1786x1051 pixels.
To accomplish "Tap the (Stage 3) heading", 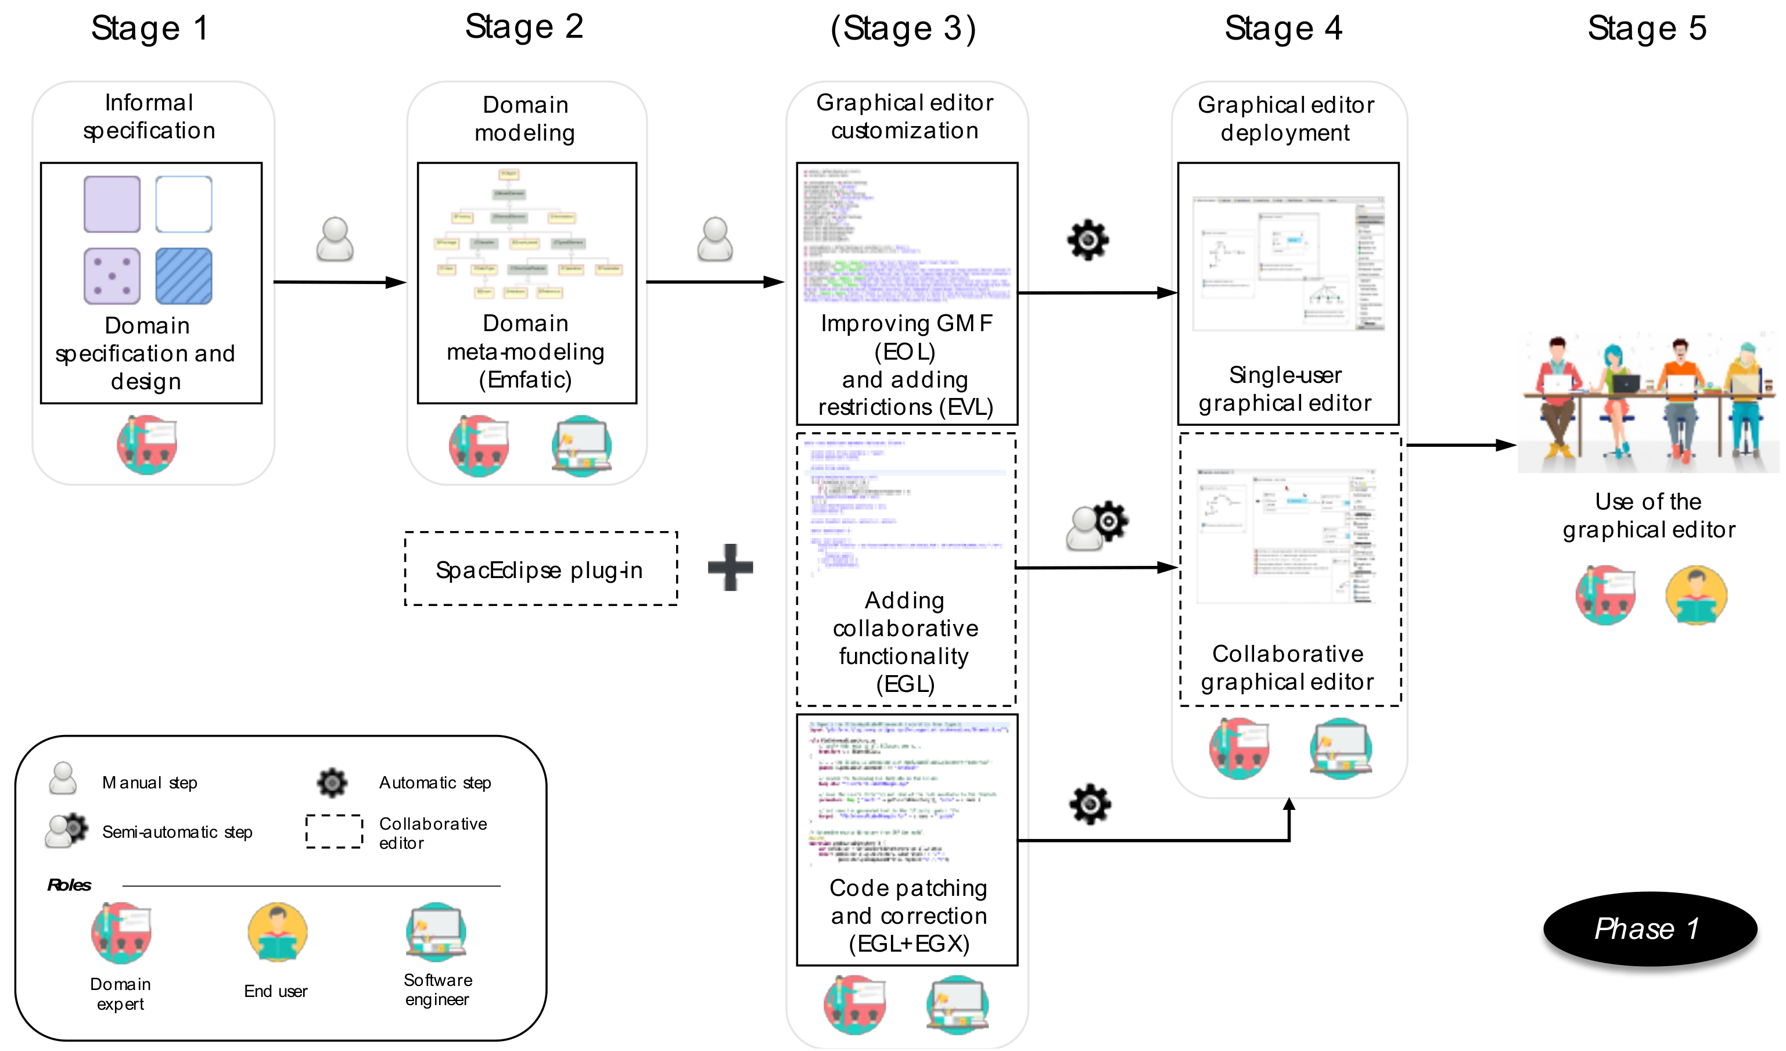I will [x=903, y=29].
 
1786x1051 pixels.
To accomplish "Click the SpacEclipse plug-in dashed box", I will [x=540, y=569].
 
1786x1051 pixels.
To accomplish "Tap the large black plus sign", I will [x=730, y=568].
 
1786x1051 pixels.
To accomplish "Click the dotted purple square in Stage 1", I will [x=112, y=276].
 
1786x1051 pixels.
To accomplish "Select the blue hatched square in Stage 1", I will [x=184, y=276].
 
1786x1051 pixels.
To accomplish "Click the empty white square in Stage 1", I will [x=184, y=205].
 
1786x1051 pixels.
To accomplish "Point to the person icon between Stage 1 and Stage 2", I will [x=335, y=240].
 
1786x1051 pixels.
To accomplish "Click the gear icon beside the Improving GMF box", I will [x=1088, y=241].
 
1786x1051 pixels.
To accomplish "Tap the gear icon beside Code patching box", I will [x=1090, y=804].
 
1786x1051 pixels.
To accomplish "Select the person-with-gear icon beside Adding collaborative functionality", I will [x=1097, y=527].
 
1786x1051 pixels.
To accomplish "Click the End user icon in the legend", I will [x=277, y=932].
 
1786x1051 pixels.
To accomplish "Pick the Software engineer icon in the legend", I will [x=436, y=932].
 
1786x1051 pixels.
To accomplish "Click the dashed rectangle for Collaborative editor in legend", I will [x=334, y=831].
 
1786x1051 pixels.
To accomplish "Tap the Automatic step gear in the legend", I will [x=332, y=782].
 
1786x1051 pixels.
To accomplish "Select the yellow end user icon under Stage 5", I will [x=1695, y=595].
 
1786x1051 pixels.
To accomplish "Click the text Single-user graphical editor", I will [x=1284, y=389].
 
